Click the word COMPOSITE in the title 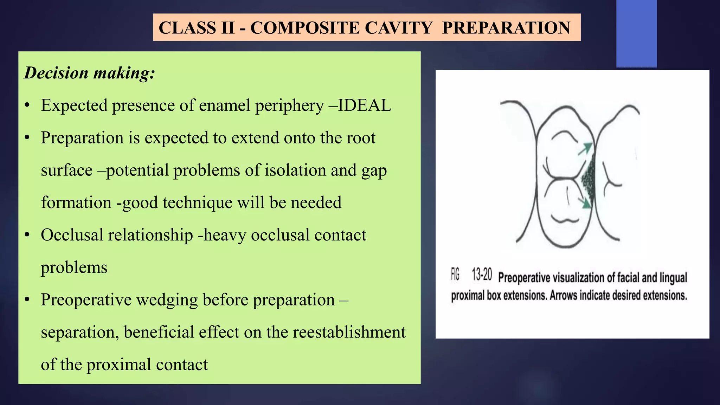pyautogui.click(x=305, y=28)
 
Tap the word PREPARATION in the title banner pyautogui.click(x=506, y=28)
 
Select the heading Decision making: pyautogui.click(x=89, y=73)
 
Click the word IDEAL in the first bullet pyautogui.click(x=364, y=105)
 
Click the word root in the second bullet pyautogui.click(x=361, y=137)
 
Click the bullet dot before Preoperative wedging pyautogui.click(x=27, y=300)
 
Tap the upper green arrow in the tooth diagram pyautogui.click(x=585, y=149)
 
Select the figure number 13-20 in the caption pyautogui.click(x=481, y=275)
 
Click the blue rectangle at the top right pyautogui.click(x=636, y=33)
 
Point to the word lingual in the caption pyautogui.click(x=673, y=278)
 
